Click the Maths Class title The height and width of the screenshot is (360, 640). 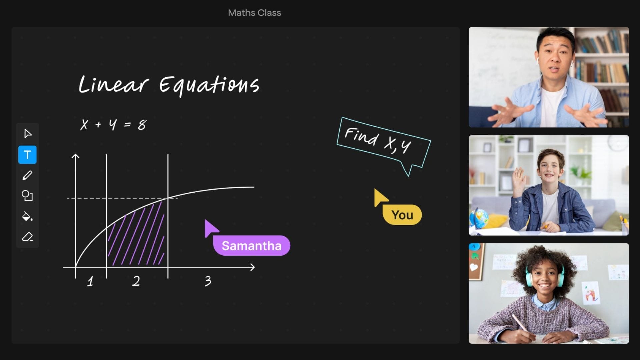[x=254, y=13]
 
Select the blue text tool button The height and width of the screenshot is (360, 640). [x=27, y=155]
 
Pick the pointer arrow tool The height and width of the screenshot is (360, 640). [x=28, y=134]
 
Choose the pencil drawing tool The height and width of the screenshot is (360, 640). [x=27, y=175]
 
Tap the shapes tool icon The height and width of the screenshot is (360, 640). [x=27, y=196]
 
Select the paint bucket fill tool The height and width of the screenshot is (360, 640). [x=27, y=216]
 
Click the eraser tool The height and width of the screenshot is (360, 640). [x=27, y=237]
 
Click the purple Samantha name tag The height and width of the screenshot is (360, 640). [x=252, y=246]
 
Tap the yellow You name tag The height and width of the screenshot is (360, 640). [x=402, y=215]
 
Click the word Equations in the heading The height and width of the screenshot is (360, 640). [x=209, y=86]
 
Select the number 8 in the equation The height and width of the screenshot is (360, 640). [x=142, y=125]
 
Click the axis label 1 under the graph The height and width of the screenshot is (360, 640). [x=90, y=282]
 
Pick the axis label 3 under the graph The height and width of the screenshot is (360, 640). [x=208, y=281]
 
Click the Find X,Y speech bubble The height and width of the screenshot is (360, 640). [x=383, y=143]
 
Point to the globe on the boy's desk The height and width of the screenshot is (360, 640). [x=479, y=218]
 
